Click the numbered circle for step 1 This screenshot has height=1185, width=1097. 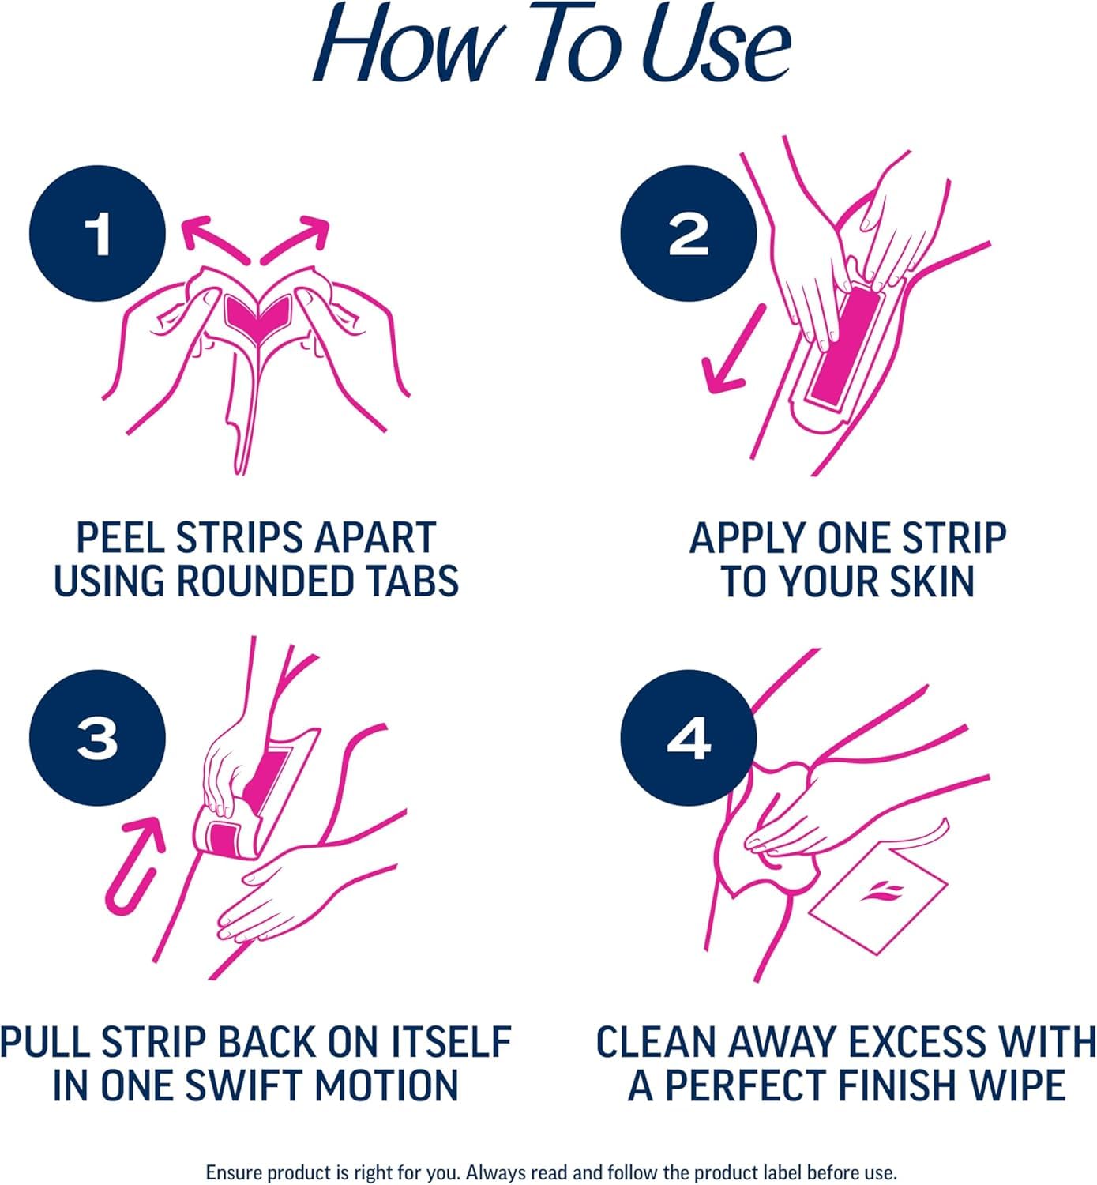pos(98,234)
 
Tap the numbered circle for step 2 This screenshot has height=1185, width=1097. pos(689,234)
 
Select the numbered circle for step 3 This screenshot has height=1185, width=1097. pos(98,738)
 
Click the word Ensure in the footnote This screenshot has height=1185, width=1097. pos(234,1171)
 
